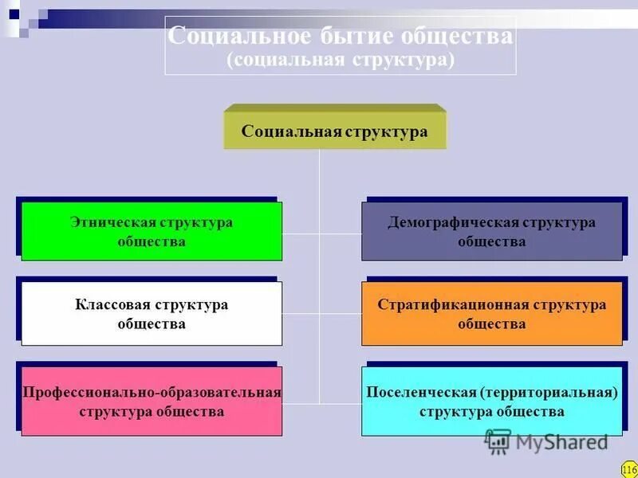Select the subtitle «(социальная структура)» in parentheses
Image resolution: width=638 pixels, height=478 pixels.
click(341, 61)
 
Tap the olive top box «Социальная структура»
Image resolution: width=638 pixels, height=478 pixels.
click(334, 131)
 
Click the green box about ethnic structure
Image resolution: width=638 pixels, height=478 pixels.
click(152, 232)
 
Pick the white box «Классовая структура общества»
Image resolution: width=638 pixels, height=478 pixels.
click(152, 314)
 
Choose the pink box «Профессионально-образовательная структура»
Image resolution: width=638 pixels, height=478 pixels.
click(152, 402)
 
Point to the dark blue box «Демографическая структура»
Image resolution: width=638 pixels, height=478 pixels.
click(491, 232)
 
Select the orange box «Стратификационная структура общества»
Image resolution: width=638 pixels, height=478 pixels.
click(491, 314)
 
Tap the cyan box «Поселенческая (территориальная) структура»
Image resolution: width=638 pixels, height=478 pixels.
click(491, 402)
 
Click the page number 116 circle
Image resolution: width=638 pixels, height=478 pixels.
click(628, 469)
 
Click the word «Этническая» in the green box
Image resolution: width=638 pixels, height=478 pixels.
click(112, 222)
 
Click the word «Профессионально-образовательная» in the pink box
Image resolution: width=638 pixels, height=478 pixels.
click(152, 392)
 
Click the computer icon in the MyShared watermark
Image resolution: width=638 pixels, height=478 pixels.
click(498, 441)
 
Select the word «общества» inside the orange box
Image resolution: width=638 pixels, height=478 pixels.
click(491, 324)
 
